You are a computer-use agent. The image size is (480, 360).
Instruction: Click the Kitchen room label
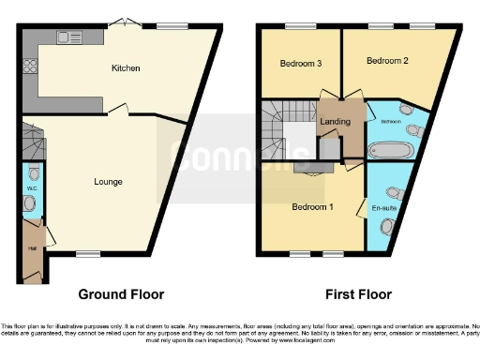tap(126, 68)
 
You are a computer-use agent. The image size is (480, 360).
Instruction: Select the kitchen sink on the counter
tap(68, 37)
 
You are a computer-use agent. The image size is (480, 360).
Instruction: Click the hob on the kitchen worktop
tap(28, 67)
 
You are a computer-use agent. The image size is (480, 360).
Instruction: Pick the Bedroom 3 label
tap(301, 64)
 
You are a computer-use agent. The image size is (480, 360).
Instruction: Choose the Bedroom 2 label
tap(387, 62)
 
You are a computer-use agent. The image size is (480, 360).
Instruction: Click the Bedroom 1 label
tap(312, 206)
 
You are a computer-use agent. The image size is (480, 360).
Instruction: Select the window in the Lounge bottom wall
tap(88, 254)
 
